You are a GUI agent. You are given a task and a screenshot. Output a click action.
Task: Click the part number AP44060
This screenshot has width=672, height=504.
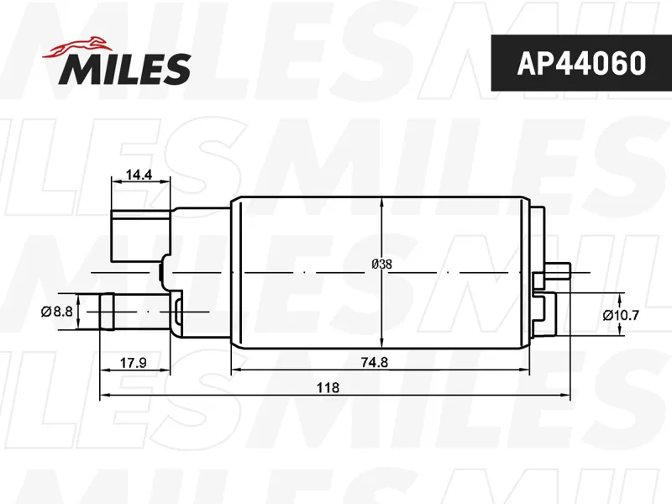click(x=581, y=63)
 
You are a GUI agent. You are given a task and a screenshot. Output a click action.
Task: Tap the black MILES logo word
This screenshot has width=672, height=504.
click(x=124, y=69)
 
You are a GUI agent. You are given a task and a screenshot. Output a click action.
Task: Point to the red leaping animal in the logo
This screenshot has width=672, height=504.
click(x=76, y=47)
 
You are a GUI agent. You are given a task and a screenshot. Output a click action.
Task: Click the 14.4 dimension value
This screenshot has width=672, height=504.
click(x=139, y=175)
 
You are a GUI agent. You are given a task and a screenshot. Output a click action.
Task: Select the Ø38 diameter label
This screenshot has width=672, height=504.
click(x=381, y=264)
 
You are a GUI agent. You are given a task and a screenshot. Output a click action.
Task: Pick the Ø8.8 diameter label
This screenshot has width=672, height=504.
click(x=57, y=311)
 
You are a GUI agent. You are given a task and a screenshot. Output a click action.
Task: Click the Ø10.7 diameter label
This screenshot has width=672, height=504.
click(x=621, y=316)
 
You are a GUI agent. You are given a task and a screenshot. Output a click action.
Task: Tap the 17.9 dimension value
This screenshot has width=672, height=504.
click(x=133, y=363)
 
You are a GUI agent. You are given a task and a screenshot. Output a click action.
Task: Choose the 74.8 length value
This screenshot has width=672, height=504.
click(x=374, y=363)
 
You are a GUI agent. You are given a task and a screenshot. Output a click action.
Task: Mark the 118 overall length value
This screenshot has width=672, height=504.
click(x=328, y=387)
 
